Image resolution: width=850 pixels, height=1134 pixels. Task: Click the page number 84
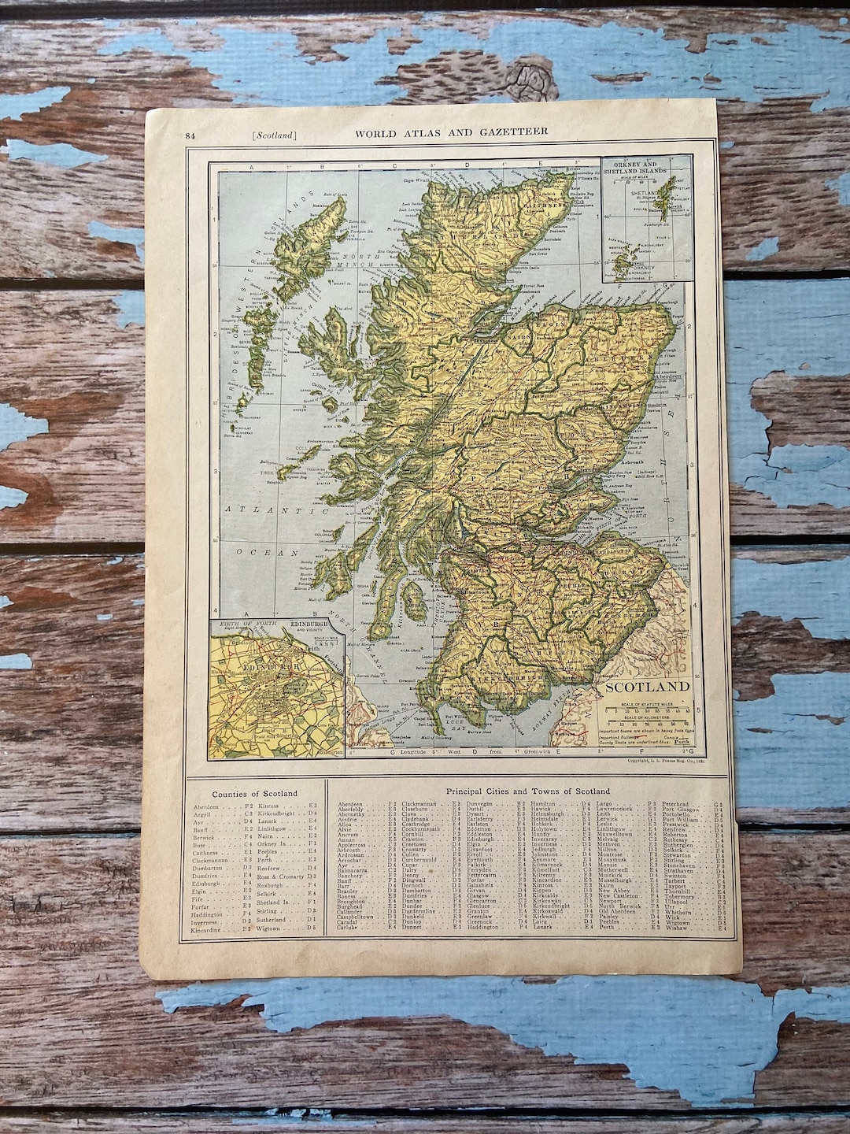click(190, 135)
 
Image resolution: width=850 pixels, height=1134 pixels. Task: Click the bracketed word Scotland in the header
click(275, 135)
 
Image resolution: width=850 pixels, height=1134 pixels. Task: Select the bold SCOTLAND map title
click(647, 686)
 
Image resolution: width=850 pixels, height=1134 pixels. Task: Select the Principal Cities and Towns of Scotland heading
click(527, 790)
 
